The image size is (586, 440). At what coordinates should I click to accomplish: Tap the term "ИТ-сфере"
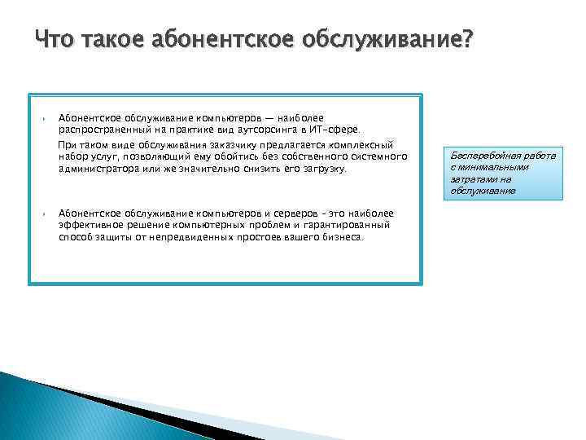[x=345, y=129]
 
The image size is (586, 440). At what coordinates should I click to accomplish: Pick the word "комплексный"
[x=364, y=145]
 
